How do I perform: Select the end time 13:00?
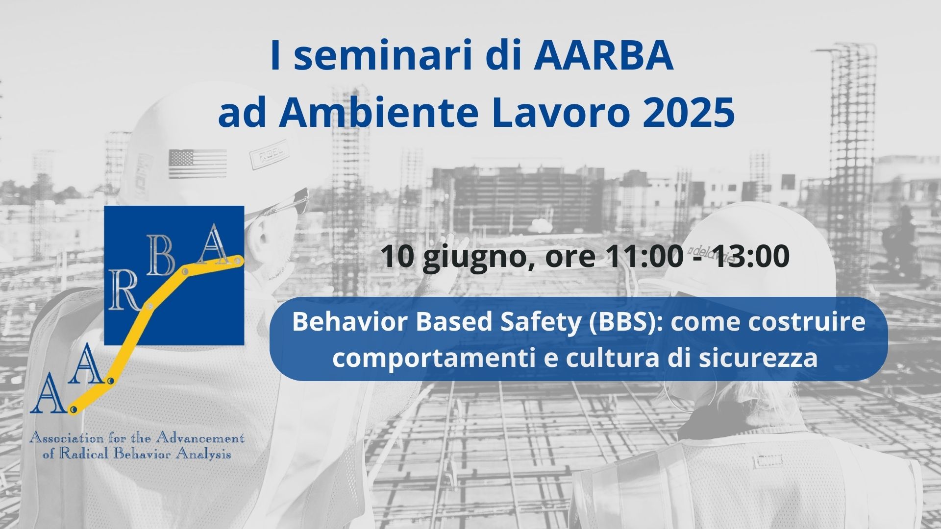tap(750, 256)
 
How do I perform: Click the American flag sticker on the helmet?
tap(197, 164)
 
